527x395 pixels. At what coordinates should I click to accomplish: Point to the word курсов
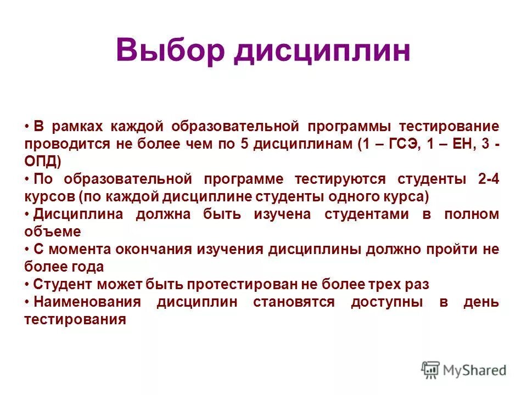click(48, 196)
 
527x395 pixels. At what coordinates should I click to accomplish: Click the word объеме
click(52, 232)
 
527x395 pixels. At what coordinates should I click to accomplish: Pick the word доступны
click(387, 302)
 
